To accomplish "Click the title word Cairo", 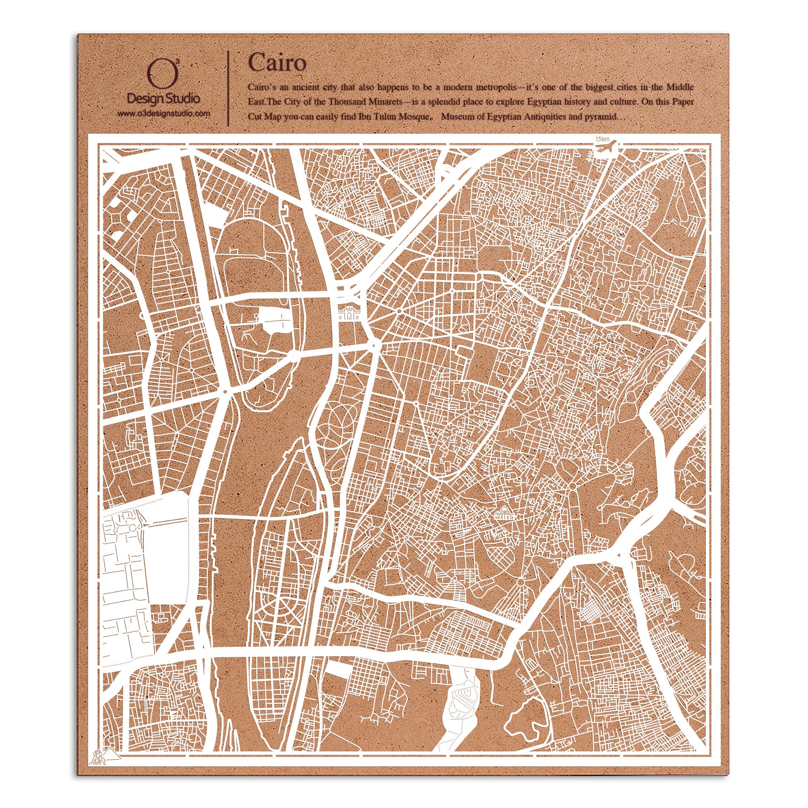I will click(277, 63).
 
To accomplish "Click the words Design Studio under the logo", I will click(163, 99).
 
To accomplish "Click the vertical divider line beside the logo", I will click(228, 88).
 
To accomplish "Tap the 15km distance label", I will click(603, 139).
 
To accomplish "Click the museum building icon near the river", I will click(349, 313).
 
